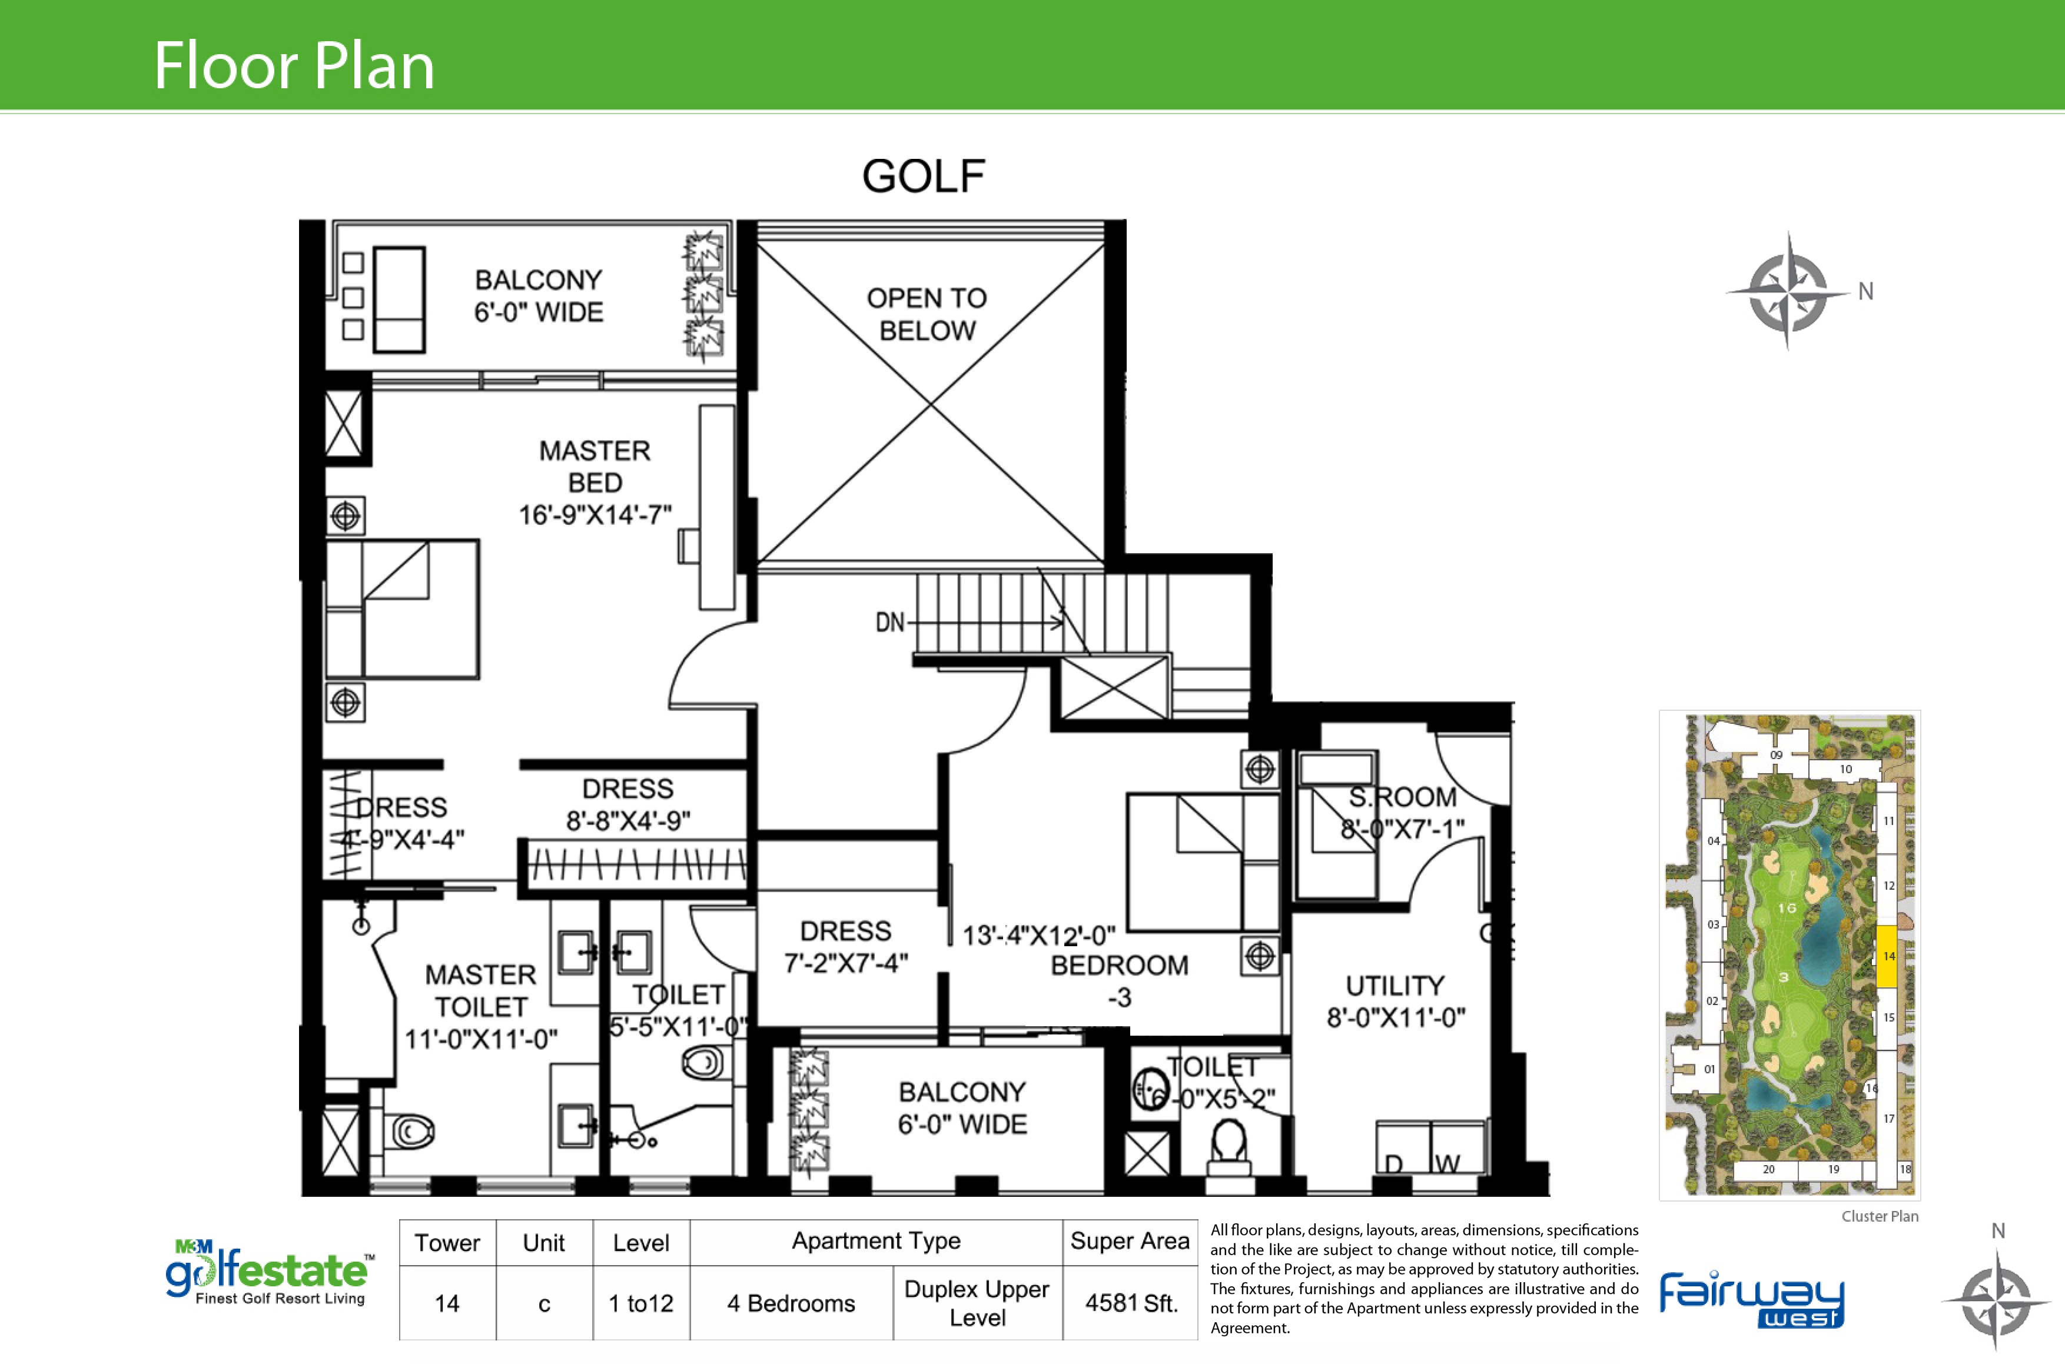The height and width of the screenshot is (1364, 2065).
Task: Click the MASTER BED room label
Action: pos(595,482)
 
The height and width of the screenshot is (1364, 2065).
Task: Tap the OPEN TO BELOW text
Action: pos(927,314)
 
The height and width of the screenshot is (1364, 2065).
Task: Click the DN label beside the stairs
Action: pos(889,623)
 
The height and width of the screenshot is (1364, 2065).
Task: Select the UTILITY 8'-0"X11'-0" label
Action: pos(1395,1002)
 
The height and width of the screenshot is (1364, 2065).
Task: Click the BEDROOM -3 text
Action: pos(1119,980)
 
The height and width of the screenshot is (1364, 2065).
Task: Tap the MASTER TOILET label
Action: pos(480,1006)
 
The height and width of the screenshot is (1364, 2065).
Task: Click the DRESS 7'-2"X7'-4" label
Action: pos(846,946)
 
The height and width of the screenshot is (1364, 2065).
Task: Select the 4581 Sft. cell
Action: pos(1130,1303)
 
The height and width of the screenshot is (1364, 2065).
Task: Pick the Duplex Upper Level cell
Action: pos(977,1303)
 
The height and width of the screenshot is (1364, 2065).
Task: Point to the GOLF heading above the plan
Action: pos(923,177)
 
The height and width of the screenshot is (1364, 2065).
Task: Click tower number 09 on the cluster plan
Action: pos(1776,755)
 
